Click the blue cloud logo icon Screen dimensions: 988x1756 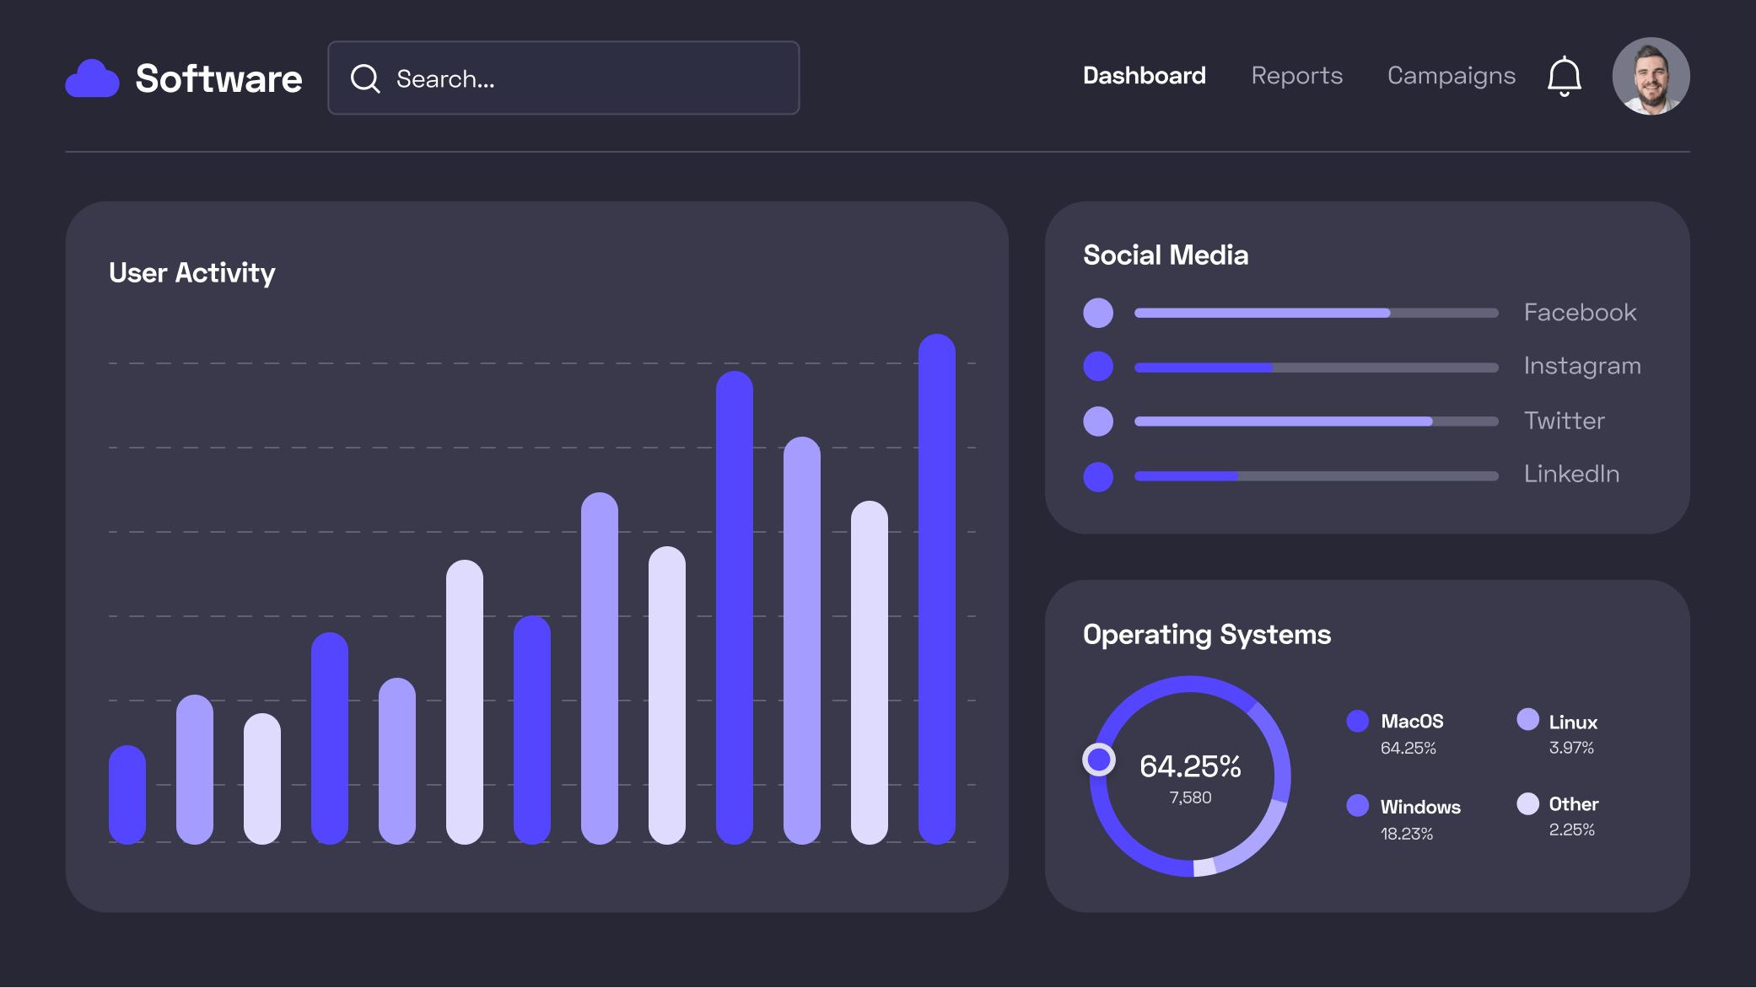click(x=92, y=78)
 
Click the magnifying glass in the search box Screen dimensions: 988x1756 click(x=365, y=78)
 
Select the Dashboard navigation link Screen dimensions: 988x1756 click(x=1144, y=76)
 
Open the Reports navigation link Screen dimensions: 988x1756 click(x=1296, y=76)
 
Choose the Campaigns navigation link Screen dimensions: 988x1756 click(x=1451, y=76)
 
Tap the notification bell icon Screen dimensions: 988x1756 click(x=1564, y=77)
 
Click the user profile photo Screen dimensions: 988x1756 click(x=1651, y=76)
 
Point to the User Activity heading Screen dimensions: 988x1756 click(x=191, y=273)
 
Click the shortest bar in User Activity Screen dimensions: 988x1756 click(x=127, y=794)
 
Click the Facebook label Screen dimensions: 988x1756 click(x=1580, y=313)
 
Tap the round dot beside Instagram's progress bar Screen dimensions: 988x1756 click(x=1098, y=367)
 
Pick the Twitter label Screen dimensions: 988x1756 click(x=1564, y=421)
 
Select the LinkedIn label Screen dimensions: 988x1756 click(x=1571, y=474)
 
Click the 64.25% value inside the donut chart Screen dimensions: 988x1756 click(x=1190, y=766)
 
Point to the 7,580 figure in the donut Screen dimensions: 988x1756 click(x=1190, y=797)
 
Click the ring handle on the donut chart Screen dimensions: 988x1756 click(x=1099, y=760)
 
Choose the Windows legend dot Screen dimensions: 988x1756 click(x=1358, y=806)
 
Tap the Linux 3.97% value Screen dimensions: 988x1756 click(x=1571, y=748)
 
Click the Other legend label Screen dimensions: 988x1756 click(x=1573, y=804)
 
